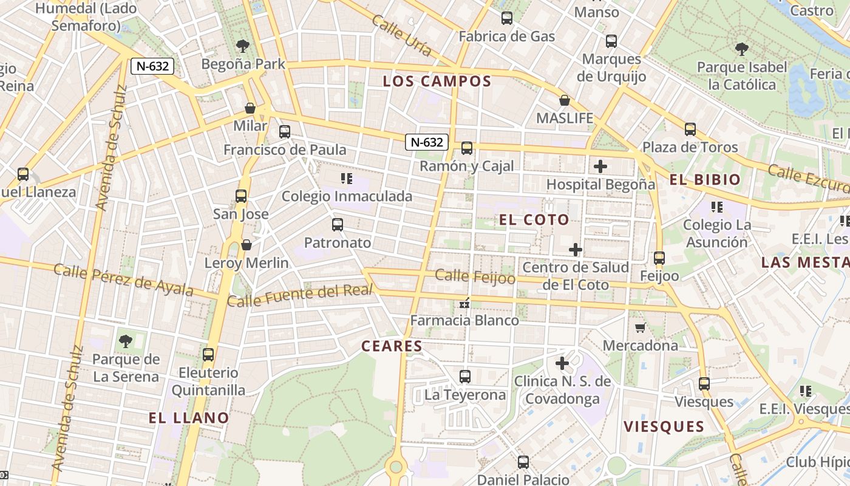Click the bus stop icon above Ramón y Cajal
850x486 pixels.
coord(467,148)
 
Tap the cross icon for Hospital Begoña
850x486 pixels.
coord(600,166)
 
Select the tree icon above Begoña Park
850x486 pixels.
coord(243,46)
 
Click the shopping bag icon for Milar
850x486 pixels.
coord(250,108)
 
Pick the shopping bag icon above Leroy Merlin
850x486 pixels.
coord(246,245)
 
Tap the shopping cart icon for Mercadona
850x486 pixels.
coord(640,328)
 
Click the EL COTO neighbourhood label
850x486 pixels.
coord(534,220)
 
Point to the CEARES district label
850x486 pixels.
coord(392,346)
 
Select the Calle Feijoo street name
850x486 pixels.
coord(475,277)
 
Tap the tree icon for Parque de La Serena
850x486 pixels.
coord(126,341)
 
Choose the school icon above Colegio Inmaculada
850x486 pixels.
coord(347,179)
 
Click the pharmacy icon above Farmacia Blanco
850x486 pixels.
coord(465,303)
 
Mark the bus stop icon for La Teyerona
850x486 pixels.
coord(465,377)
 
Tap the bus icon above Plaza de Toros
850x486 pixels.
coord(690,129)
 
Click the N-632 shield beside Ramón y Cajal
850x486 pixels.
coord(427,142)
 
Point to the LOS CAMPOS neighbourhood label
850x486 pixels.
coord(437,81)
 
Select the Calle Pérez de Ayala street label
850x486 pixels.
coord(123,279)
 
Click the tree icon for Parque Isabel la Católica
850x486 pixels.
coord(741,49)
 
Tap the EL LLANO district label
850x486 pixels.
coord(189,418)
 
